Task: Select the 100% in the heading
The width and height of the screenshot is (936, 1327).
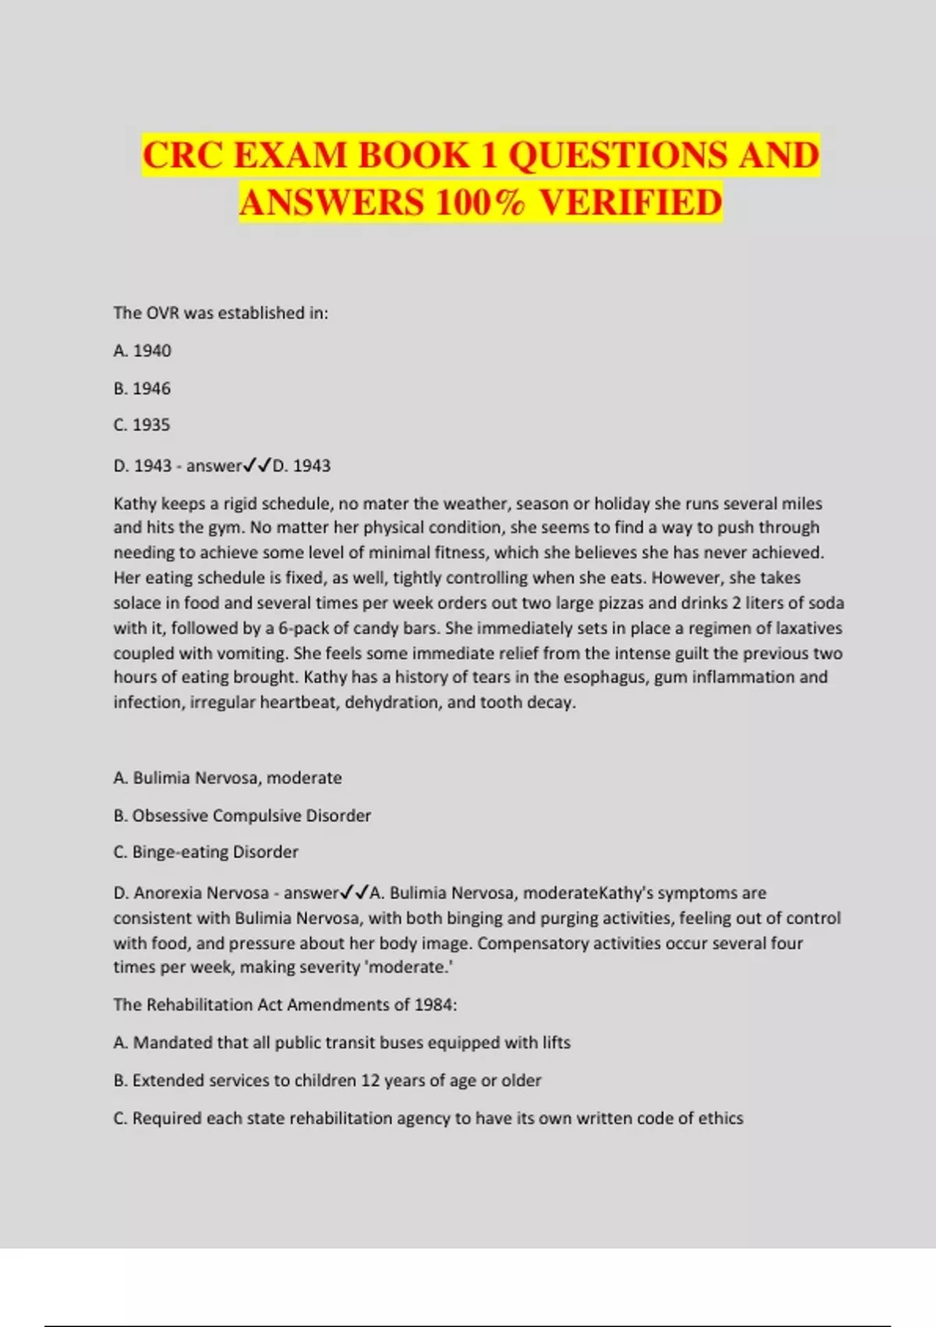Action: click(480, 202)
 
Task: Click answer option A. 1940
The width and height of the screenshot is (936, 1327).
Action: click(142, 350)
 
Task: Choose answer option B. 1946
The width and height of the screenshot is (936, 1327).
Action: click(142, 388)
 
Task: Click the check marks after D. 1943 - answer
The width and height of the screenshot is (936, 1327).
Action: click(257, 465)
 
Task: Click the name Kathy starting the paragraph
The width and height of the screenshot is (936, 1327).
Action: click(135, 503)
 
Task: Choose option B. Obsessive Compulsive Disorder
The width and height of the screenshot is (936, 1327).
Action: click(242, 815)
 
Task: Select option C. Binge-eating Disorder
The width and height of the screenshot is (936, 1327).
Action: click(206, 852)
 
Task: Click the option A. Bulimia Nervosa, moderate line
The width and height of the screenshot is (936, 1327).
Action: click(228, 777)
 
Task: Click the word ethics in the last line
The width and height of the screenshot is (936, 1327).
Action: click(721, 1118)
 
